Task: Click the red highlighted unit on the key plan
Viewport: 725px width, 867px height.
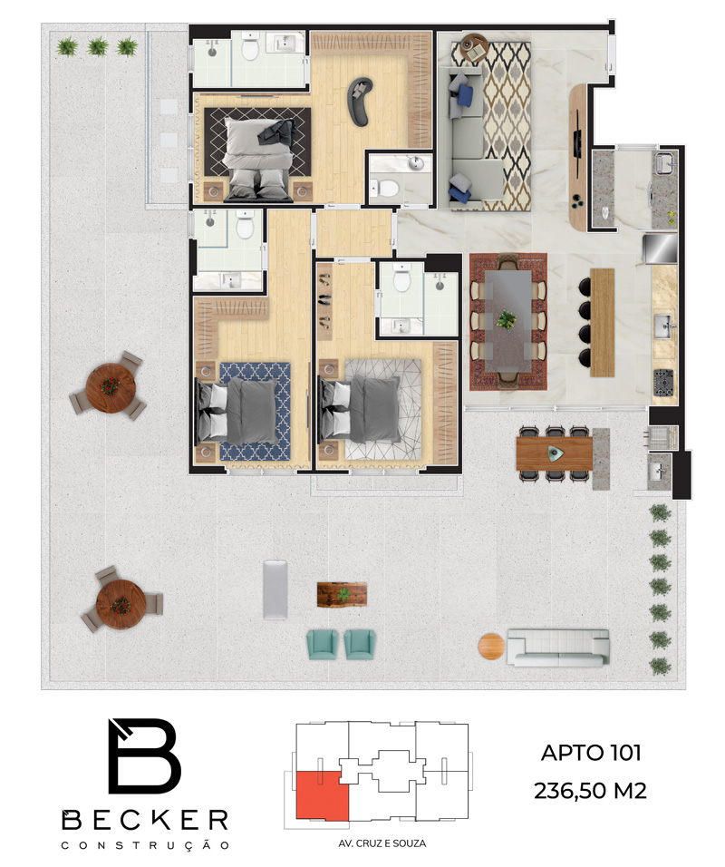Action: tap(323, 795)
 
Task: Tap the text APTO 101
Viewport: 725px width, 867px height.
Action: tap(591, 753)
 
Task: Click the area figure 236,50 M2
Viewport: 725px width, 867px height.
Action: tap(590, 791)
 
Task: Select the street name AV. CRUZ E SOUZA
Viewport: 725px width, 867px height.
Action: tap(382, 843)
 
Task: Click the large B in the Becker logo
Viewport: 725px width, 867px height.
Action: tap(145, 755)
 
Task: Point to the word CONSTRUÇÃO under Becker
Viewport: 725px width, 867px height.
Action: tap(145, 845)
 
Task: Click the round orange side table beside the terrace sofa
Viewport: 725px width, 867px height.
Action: tap(491, 646)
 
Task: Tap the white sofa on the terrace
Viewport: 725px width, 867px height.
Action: tap(558, 647)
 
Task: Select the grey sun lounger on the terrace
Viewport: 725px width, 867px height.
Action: tap(275, 589)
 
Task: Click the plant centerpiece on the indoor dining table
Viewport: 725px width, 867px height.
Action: tap(507, 319)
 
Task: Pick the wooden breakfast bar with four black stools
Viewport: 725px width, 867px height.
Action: tap(603, 322)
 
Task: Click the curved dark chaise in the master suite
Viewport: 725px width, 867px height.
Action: tap(359, 100)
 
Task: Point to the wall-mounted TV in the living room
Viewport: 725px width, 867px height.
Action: tap(578, 134)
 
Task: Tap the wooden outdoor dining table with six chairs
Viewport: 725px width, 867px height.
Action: tap(555, 453)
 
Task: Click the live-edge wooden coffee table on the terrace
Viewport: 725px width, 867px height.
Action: tap(342, 594)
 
